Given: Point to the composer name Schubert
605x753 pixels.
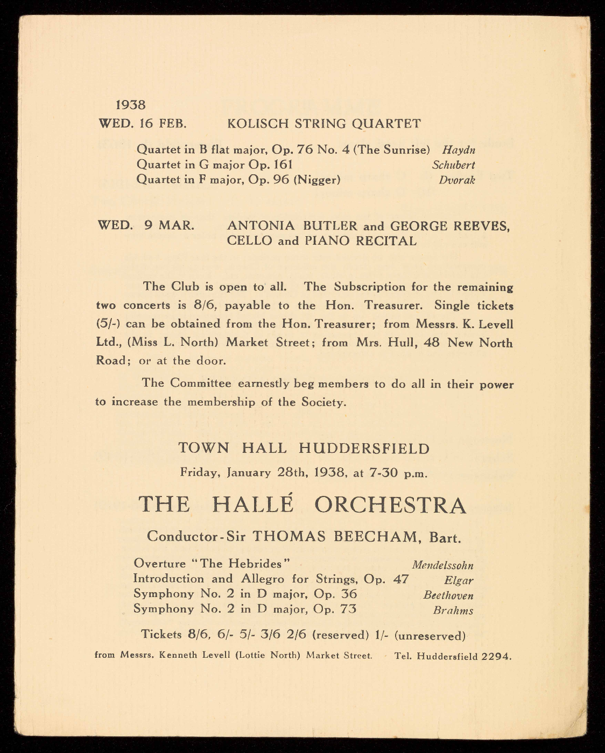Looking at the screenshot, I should (453, 165).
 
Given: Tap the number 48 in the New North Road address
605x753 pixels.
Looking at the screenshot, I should (432, 343).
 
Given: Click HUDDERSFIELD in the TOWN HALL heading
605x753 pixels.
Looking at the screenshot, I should (364, 449).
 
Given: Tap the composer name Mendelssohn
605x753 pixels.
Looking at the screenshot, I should (442, 565).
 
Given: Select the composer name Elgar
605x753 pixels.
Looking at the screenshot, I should (459, 580).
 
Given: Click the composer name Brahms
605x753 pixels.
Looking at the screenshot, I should (453, 610).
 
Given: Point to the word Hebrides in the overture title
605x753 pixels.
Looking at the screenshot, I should (252, 564).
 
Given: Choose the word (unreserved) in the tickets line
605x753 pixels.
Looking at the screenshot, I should (430, 635).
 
